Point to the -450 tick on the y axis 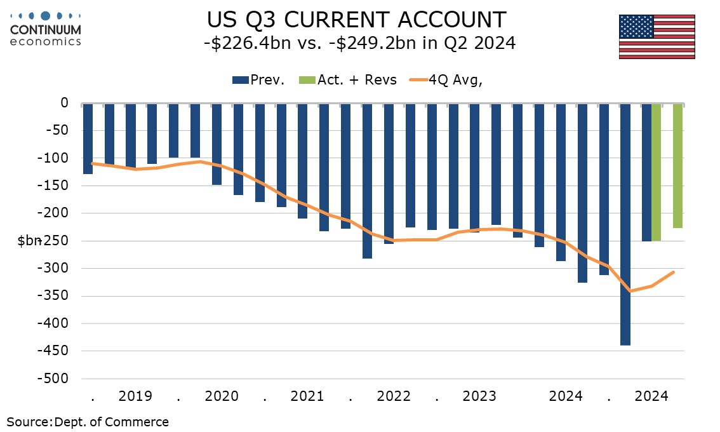[55, 351]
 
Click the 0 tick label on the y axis [63, 102]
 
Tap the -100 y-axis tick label [55, 158]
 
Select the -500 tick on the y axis [55, 379]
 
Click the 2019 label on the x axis [135, 396]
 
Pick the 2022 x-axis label [394, 396]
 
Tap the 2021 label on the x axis [307, 396]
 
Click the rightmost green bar [678, 165]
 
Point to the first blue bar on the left [88, 138]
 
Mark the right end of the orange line [674, 272]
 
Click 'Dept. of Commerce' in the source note [112, 422]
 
